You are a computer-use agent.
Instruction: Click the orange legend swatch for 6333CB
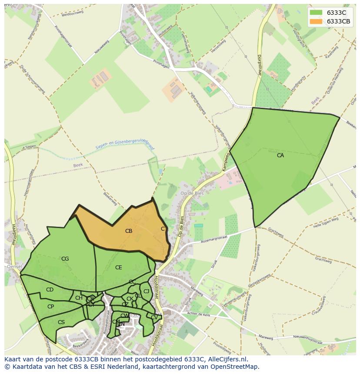(316, 21)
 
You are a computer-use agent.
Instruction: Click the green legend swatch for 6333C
(316, 13)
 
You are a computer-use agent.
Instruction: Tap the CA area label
(280, 155)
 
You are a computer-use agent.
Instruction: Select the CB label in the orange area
(129, 231)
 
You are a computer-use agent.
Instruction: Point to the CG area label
(65, 259)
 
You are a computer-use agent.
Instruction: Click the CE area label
(119, 268)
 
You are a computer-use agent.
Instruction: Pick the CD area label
(50, 290)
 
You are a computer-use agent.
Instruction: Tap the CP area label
(50, 307)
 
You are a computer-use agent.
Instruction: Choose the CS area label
(61, 322)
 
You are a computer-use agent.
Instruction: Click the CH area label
(79, 298)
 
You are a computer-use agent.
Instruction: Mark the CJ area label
(146, 291)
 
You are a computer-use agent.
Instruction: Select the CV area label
(154, 318)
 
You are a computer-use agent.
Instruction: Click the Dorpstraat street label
(260, 65)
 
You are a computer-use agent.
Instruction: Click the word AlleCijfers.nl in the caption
(227, 359)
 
